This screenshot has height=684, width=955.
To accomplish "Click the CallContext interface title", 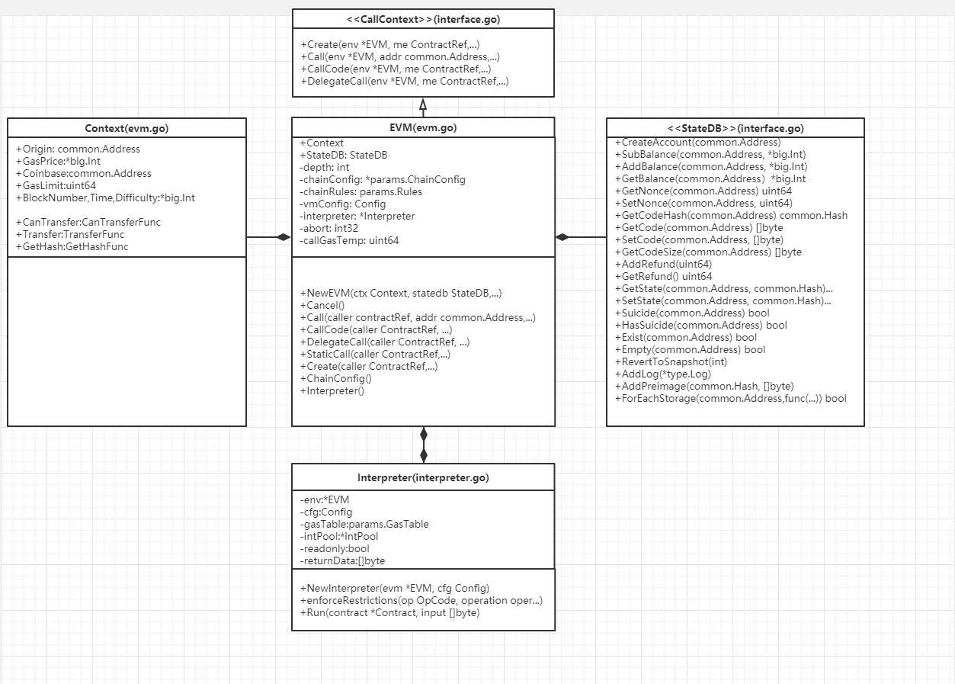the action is pos(423,20).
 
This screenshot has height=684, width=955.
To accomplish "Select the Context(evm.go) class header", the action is pos(127,128).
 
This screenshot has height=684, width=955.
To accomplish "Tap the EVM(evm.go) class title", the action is pos(423,127).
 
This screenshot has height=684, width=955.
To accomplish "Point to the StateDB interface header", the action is pos(735,128).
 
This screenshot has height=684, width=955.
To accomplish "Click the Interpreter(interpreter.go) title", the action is pos(423,477).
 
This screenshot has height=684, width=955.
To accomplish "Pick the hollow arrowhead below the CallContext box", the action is pos(423,104).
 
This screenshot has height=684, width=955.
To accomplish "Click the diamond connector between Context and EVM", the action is pos(283,237).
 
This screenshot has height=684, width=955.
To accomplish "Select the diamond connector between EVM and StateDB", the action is pos(562,237).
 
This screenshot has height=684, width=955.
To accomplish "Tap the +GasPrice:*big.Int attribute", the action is pos(58,161).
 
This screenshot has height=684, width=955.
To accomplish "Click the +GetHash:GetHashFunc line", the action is pos(72,246).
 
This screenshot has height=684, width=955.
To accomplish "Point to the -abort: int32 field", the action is pos(328,228).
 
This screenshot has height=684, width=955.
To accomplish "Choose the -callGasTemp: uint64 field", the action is pos(349,240).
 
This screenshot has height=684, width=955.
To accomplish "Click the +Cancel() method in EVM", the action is pos(322,305).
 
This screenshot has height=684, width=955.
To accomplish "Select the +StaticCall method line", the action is pos(375,354).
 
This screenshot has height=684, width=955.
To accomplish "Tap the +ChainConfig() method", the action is pos(336,378).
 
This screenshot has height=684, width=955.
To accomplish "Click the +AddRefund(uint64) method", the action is pos(663,264).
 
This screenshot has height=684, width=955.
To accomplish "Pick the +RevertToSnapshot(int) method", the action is pos(671,361).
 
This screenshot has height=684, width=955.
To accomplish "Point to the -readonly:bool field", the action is pos(335,548).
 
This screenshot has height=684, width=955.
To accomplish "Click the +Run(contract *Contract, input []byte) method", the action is pos(390,612).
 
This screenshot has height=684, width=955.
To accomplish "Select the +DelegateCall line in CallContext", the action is pos(405,81).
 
